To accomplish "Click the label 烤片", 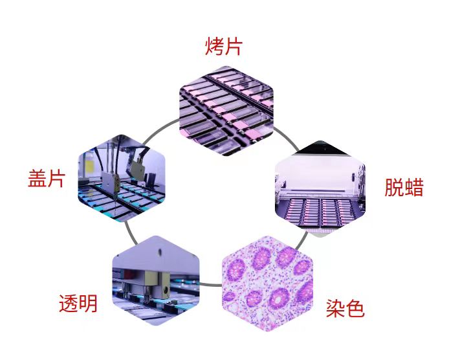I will [x=225, y=47].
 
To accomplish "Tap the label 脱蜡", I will [x=404, y=187].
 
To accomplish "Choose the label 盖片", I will [x=47, y=179].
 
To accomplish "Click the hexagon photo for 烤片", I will [x=226, y=111].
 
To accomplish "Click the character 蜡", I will [x=414, y=187].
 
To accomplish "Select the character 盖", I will [x=37, y=179].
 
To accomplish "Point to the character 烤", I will [x=215, y=47].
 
